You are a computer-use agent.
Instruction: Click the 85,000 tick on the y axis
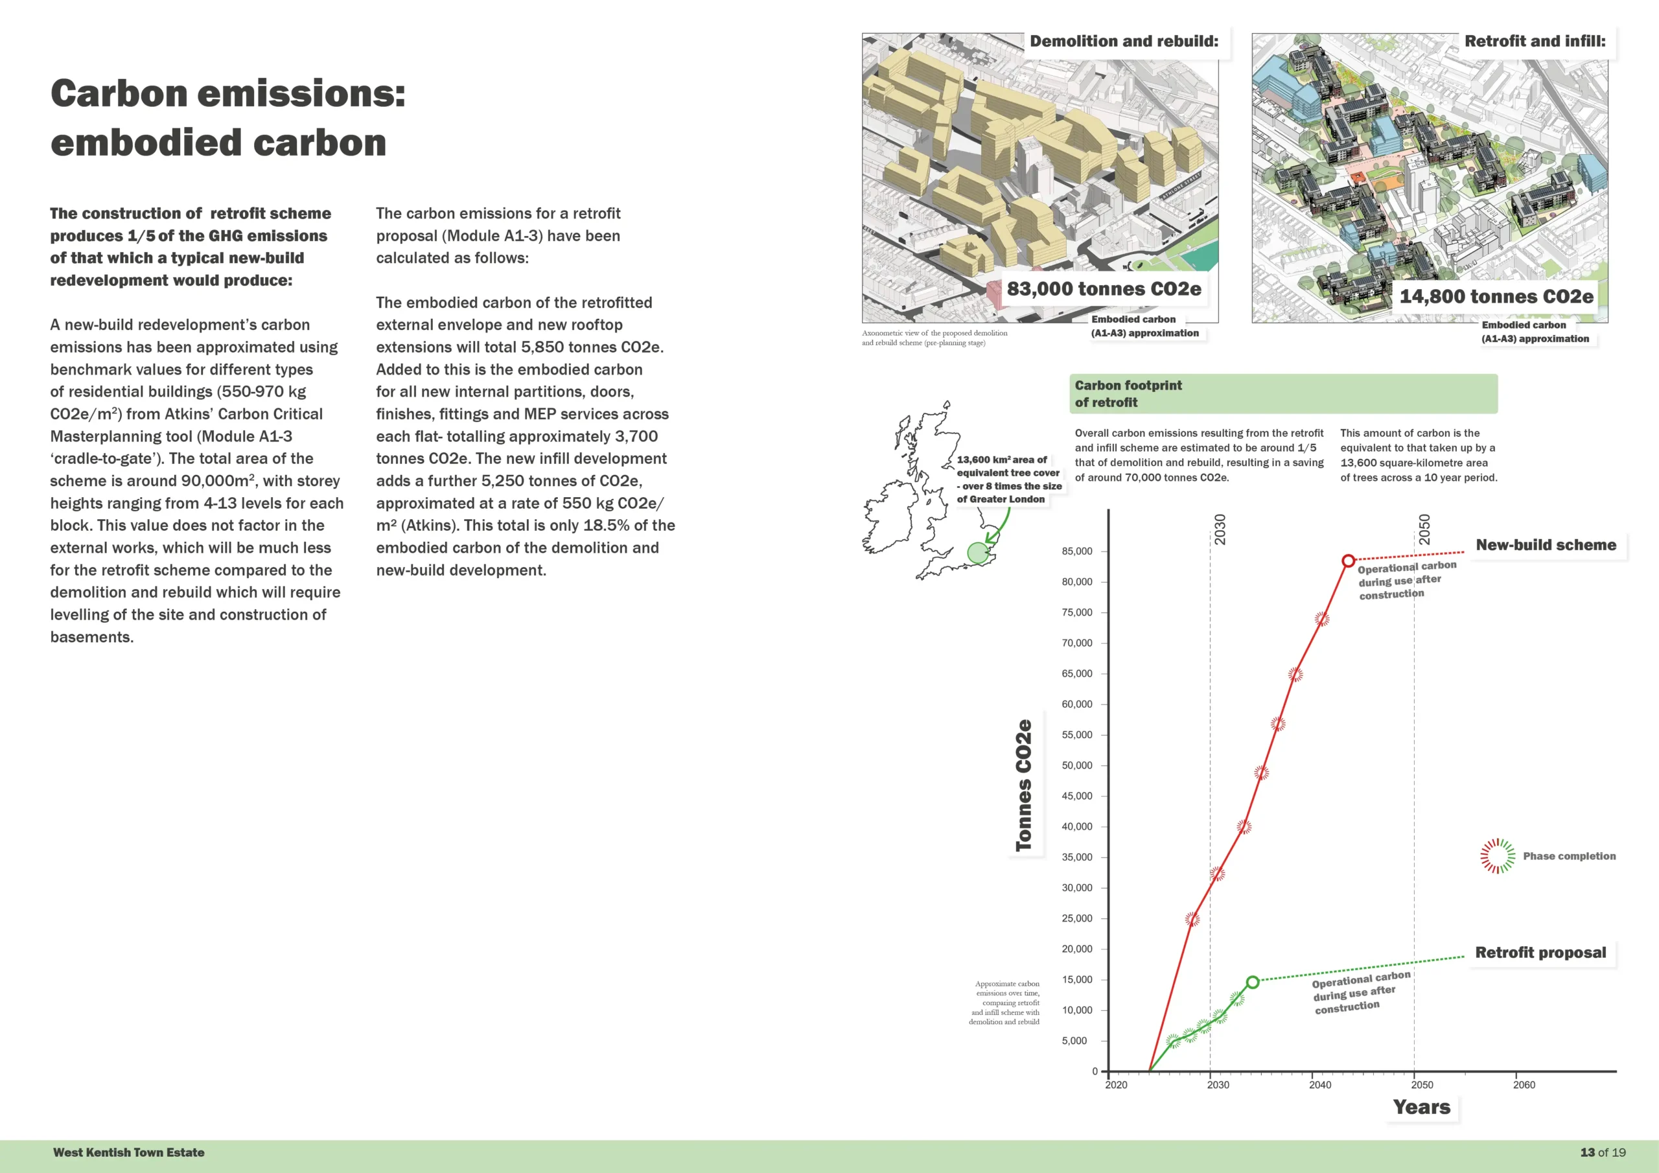point(1076,552)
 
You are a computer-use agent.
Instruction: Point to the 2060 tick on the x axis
point(1524,1084)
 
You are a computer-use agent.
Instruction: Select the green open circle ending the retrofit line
point(1252,981)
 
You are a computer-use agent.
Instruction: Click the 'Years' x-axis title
point(1421,1108)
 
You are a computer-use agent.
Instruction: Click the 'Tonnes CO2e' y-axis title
point(1023,785)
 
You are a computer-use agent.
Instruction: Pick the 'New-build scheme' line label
point(1546,545)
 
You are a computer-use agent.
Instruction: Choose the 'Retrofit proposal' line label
point(1540,953)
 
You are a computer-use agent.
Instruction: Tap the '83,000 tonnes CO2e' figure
point(1104,289)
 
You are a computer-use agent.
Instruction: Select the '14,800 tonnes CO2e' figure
point(1496,296)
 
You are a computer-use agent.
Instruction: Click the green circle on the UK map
point(978,553)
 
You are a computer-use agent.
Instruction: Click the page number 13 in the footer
point(1588,1152)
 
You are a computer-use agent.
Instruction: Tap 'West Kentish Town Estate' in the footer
point(128,1152)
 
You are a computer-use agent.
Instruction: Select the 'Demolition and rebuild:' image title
point(1124,41)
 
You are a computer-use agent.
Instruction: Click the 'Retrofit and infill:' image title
point(1535,41)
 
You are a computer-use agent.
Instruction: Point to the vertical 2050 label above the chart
point(1424,529)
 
